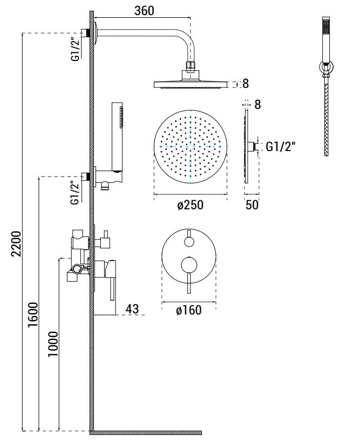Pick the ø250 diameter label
[x=190, y=206]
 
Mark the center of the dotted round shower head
[x=191, y=146]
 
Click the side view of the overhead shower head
[x=191, y=84]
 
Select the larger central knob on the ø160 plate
[x=189, y=264]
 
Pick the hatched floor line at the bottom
[x=146, y=433]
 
